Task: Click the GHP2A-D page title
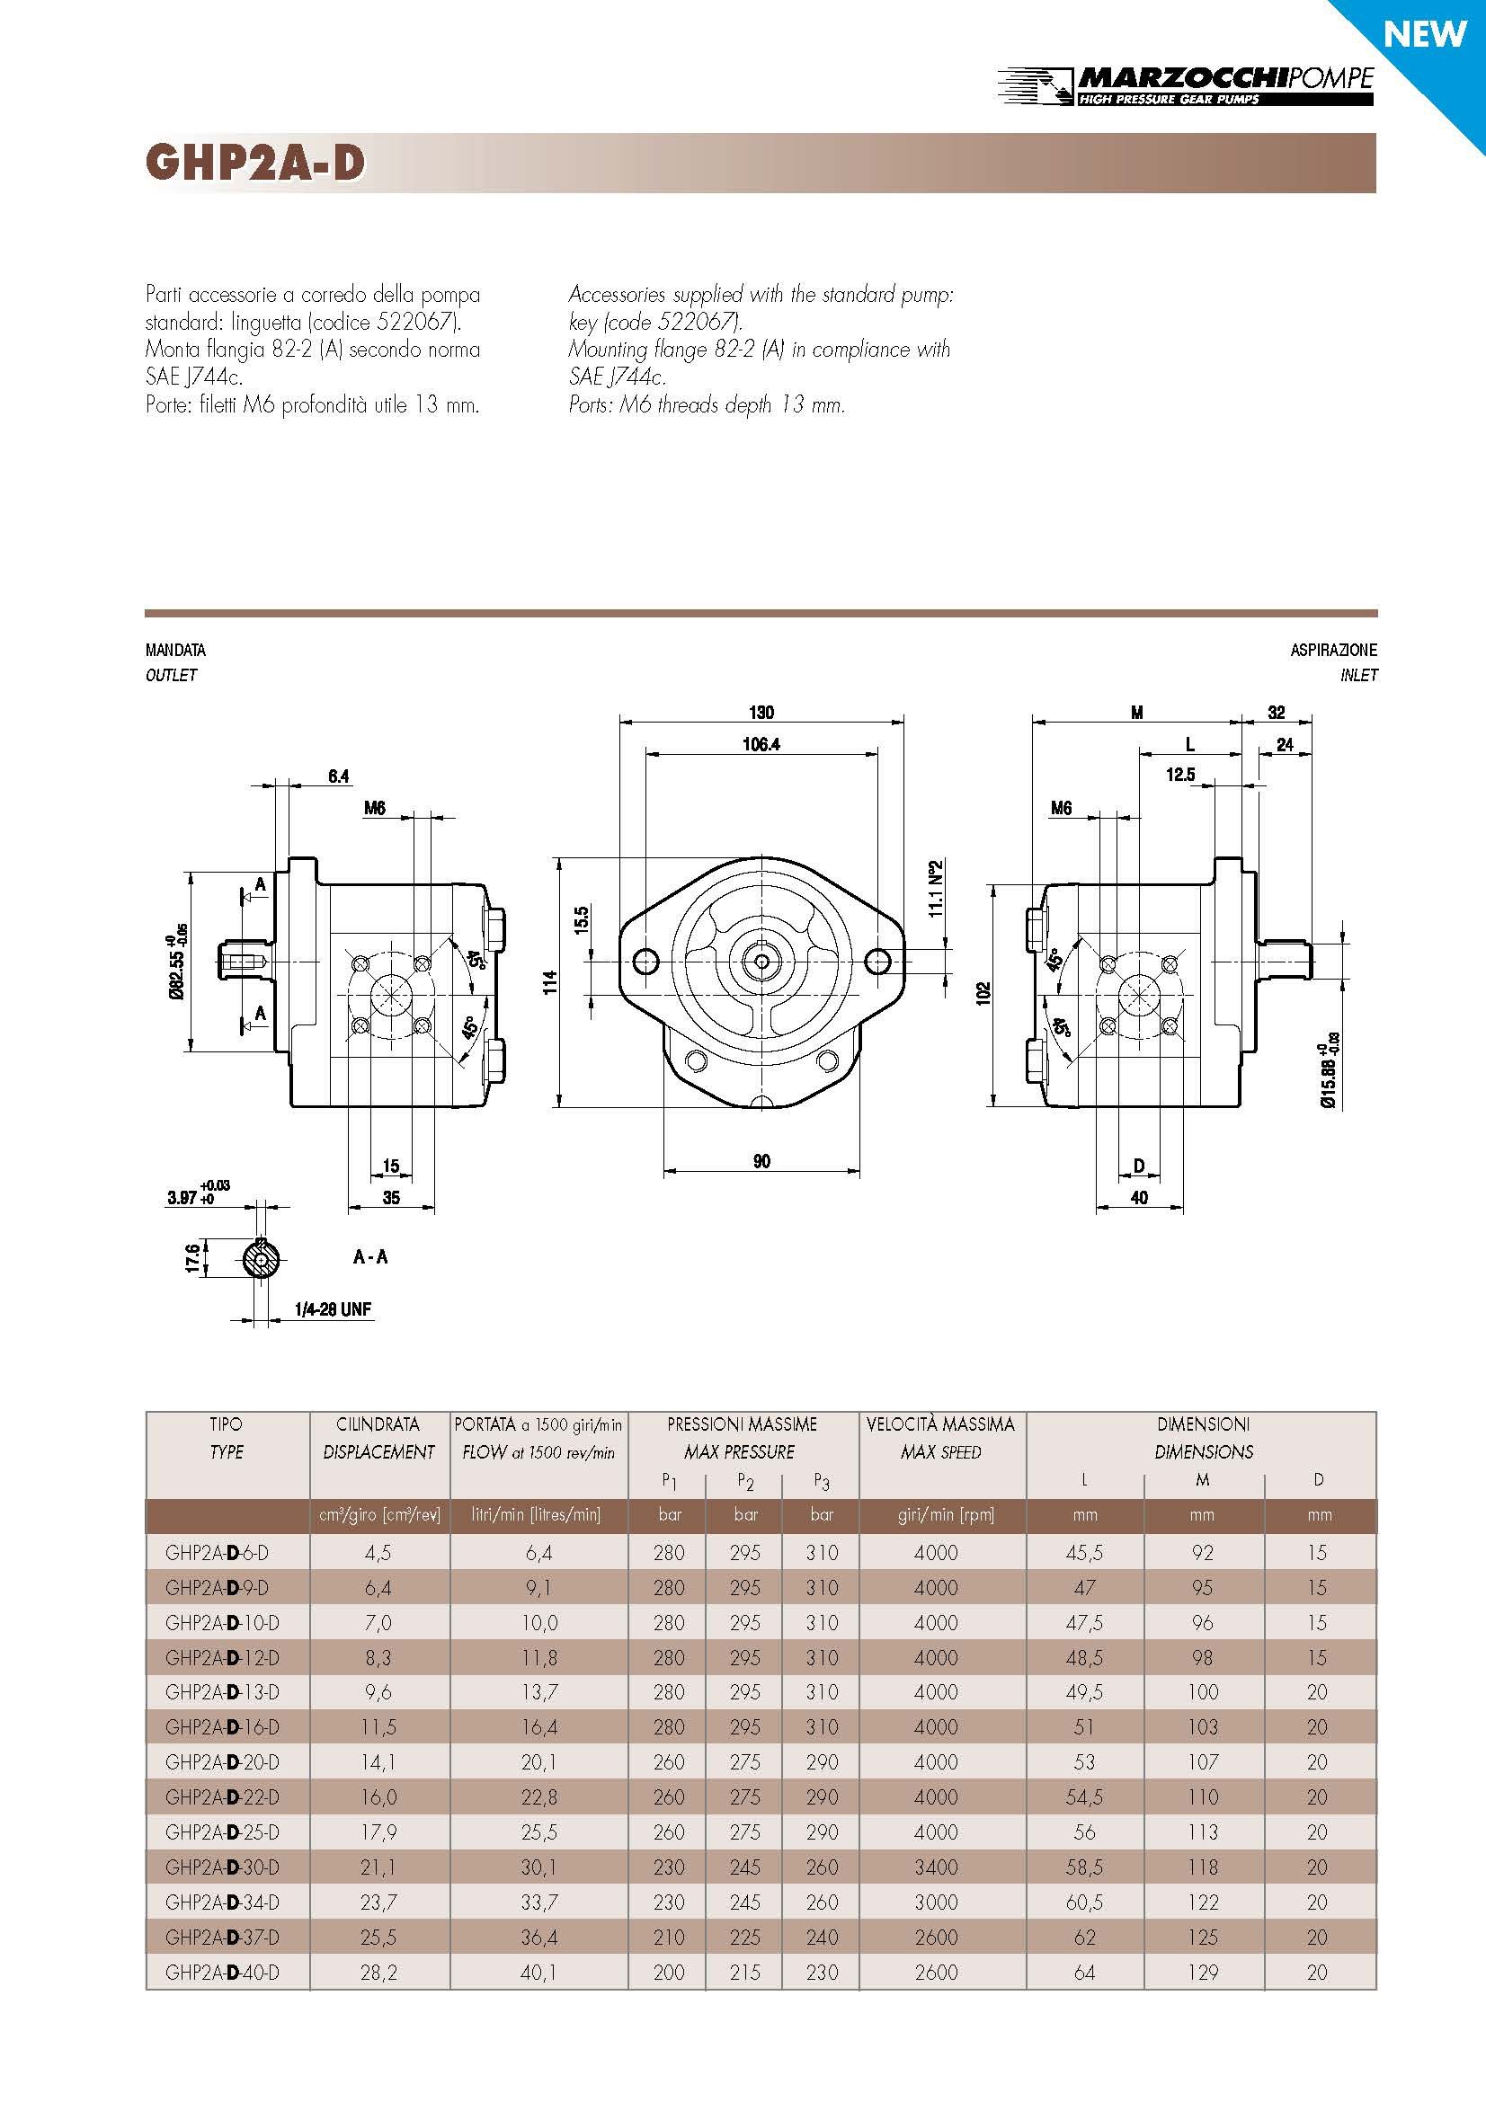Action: coord(255,163)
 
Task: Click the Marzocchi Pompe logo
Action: coord(1185,85)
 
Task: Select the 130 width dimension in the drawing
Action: coord(761,713)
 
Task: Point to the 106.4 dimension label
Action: coord(761,744)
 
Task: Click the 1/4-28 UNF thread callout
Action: coord(333,1309)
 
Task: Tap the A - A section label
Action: coord(370,1257)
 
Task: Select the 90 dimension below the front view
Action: coord(761,1161)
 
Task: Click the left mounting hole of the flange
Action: coord(645,962)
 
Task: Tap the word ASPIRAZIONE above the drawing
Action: coord(1333,650)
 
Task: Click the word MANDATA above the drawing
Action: coord(176,650)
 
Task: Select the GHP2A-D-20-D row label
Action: coord(222,1761)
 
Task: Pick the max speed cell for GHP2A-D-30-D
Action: coord(936,1867)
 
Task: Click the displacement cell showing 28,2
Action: coord(378,1972)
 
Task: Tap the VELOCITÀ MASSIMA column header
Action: coord(940,1424)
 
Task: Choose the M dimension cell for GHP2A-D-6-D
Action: coord(1202,1553)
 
